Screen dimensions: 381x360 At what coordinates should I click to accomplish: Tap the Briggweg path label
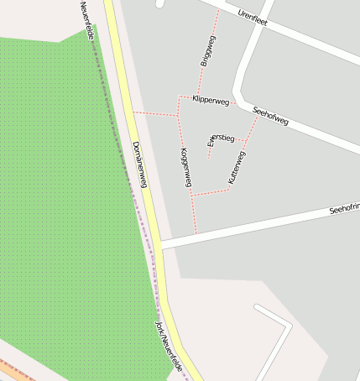click(208, 51)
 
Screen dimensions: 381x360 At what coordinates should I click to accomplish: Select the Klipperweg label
click(210, 100)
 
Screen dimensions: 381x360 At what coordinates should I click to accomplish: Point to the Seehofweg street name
click(270, 116)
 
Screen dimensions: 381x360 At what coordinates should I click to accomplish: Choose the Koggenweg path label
click(185, 166)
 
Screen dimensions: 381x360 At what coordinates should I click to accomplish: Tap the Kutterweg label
click(236, 168)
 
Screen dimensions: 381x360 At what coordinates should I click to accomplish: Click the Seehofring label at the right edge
click(343, 207)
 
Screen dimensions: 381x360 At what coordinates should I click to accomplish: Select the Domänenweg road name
click(139, 164)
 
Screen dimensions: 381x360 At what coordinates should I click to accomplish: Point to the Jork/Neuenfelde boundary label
click(169, 347)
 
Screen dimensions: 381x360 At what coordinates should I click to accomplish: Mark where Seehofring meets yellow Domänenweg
click(159, 244)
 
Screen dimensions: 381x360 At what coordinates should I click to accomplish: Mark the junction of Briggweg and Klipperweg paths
click(197, 97)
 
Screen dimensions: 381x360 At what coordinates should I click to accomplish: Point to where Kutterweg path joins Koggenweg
click(192, 195)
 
